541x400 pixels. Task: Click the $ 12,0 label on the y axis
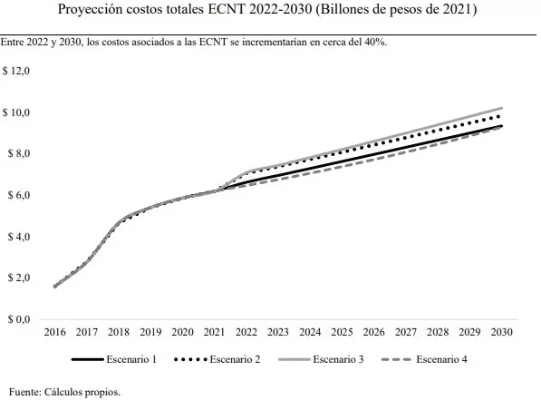[17, 70]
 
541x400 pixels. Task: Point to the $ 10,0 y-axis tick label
[17, 112]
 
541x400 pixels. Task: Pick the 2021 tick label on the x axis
[214, 333]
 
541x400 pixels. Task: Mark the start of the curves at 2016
[55, 287]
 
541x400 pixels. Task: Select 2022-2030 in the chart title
[289, 12]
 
